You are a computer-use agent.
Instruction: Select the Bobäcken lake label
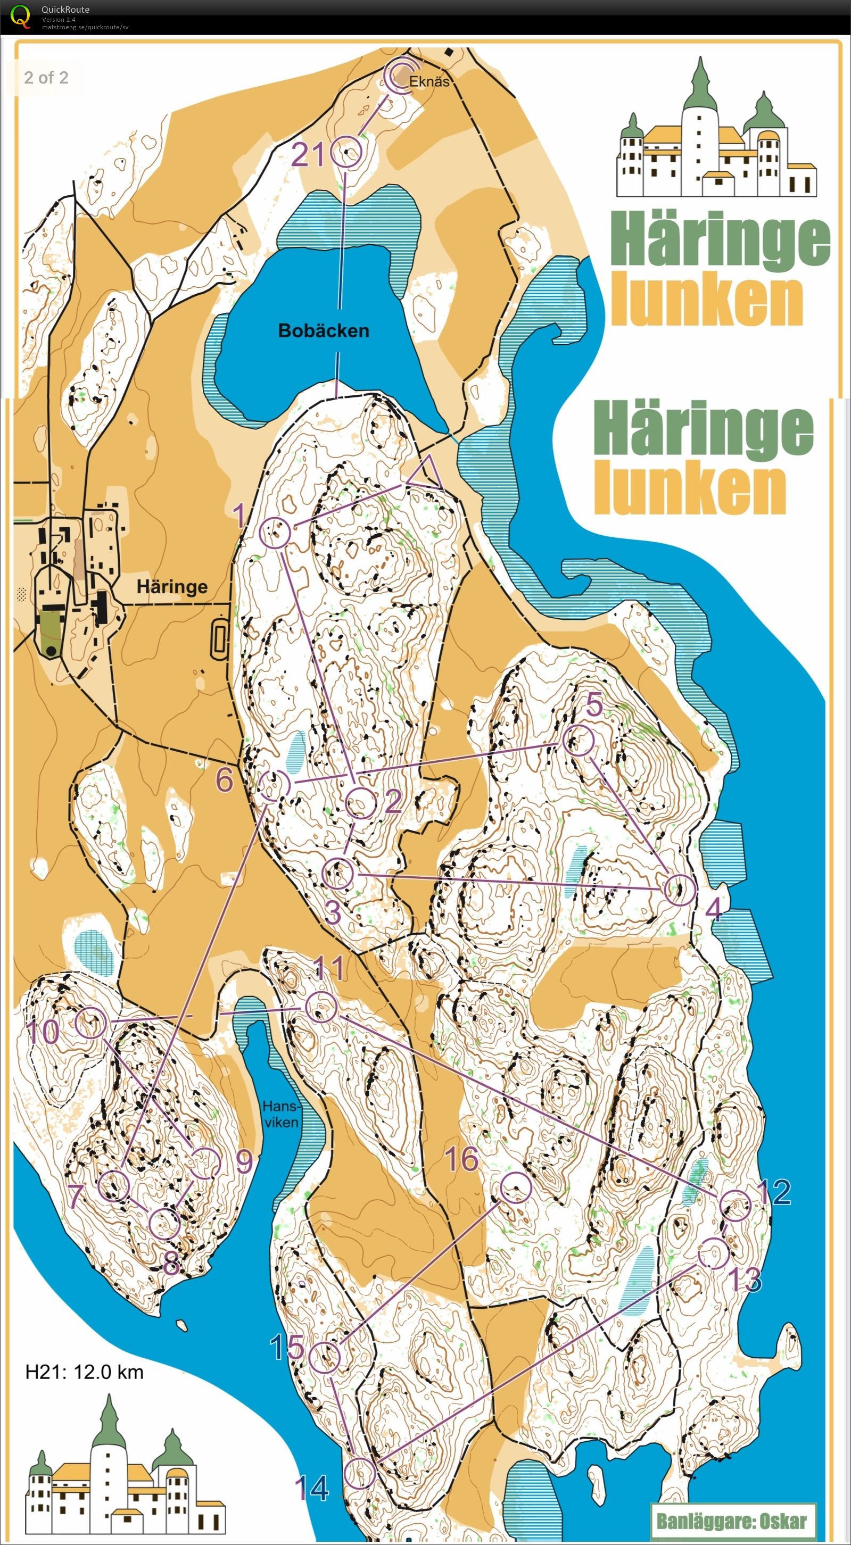pos(324,330)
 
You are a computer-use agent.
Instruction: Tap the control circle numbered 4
pos(680,890)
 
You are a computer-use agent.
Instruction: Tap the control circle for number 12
pos(734,1206)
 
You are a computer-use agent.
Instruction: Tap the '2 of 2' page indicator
pos(46,77)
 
